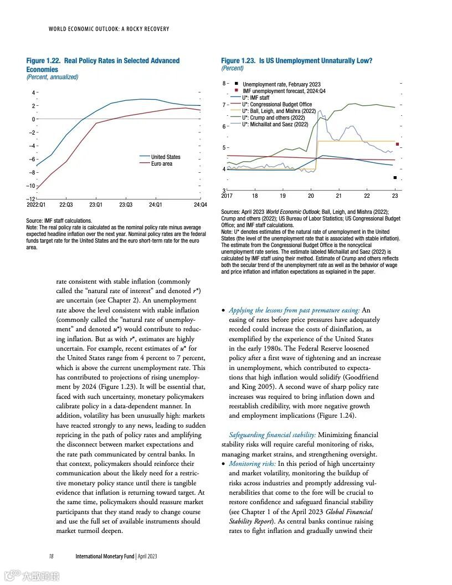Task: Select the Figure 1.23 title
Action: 296,60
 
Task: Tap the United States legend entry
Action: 166,157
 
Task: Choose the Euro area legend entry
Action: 161,164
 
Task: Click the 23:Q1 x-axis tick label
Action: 96,205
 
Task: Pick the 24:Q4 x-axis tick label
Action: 200,205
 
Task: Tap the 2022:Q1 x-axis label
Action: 37,205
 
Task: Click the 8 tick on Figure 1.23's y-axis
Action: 224,84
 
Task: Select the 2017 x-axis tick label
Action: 227,196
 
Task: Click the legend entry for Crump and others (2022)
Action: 274,117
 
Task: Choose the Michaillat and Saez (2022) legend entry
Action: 275,125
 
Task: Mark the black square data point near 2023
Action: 395,178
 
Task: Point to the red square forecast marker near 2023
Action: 397,145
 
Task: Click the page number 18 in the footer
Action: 51,556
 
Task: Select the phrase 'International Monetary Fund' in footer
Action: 105,556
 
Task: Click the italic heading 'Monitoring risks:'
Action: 252,464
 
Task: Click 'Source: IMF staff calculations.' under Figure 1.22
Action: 59,220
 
